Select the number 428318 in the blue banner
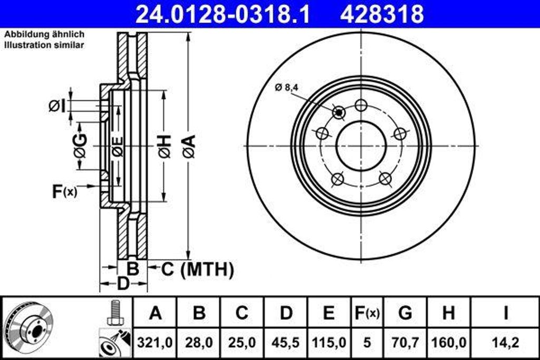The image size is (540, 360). pos(382,14)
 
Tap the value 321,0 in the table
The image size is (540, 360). pos(155,343)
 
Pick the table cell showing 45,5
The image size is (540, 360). pos(286,343)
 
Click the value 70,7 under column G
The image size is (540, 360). pos(405,343)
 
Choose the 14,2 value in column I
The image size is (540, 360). pos(505,343)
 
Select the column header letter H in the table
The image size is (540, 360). pos(448,313)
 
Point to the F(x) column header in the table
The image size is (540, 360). pos(367,313)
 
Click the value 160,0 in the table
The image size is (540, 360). pos(448,343)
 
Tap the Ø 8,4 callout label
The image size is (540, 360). pos(286,89)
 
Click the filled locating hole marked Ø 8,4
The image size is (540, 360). pos(339,112)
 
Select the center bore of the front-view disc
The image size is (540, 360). pos(361,146)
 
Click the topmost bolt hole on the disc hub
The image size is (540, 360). pos(361,105)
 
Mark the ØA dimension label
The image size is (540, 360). pos(189,146)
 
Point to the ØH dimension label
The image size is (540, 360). pos(165,146)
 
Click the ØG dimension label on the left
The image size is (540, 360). pos(81,146)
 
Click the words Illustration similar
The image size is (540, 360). pos(44,45)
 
